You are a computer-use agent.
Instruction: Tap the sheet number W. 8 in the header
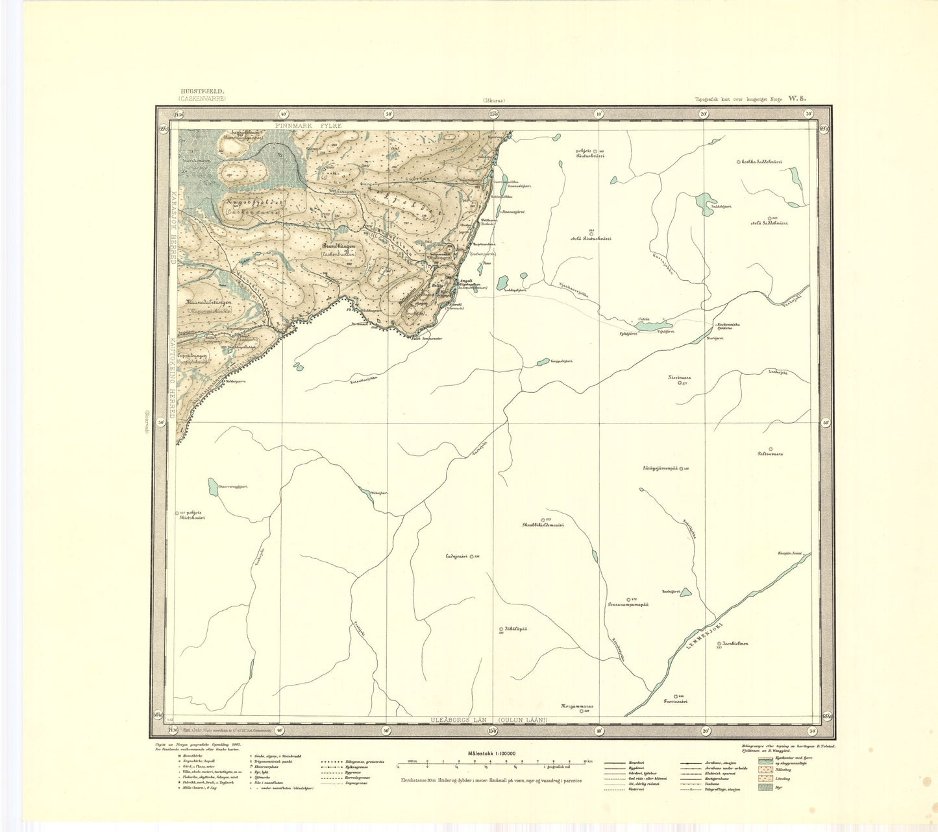coord(796,99)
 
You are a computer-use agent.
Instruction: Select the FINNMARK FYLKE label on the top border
coord(308,125)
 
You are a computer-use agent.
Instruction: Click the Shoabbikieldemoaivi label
coord(543,525)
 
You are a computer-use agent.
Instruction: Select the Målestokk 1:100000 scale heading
coord(491,753)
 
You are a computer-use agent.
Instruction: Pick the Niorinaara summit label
coord(680,377)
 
